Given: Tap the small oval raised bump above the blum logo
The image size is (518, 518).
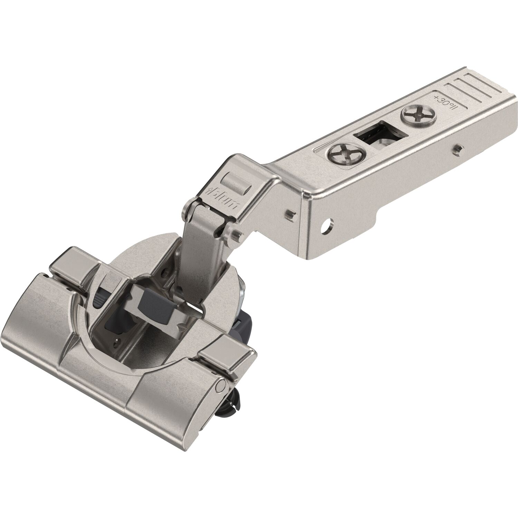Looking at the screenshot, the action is pos(232,180).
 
